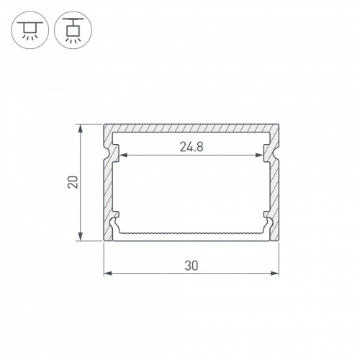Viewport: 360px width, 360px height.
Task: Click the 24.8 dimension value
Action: [x=192, y=147]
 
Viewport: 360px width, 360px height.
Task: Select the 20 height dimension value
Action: [x=73, y=182]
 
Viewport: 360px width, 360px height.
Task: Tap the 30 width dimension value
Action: [x=192, y=266]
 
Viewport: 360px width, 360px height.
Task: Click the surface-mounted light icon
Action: [x=30, y=30]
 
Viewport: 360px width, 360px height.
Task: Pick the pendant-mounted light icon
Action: [x=73, y=30]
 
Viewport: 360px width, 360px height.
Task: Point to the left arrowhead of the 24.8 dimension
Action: [x=123, y=155]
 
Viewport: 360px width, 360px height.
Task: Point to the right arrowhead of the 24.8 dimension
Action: [x=260, y=155]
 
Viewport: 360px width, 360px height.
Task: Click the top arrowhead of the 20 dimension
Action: [x=81, y=128]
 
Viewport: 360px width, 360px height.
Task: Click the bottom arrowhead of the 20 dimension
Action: [x=81, y=236]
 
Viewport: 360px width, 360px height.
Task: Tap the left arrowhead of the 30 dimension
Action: [x=108, y=273]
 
